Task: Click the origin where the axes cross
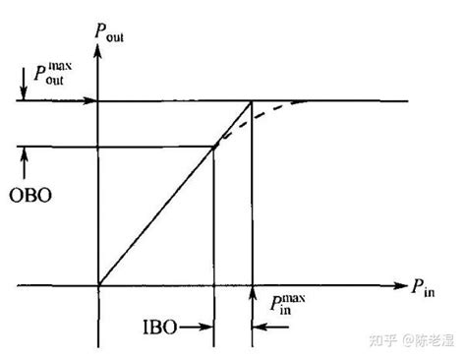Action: pos(98,286)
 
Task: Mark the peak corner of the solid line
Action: pos(253,100)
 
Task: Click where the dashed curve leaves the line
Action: pos(215,148)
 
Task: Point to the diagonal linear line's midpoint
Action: pos(157,216)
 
